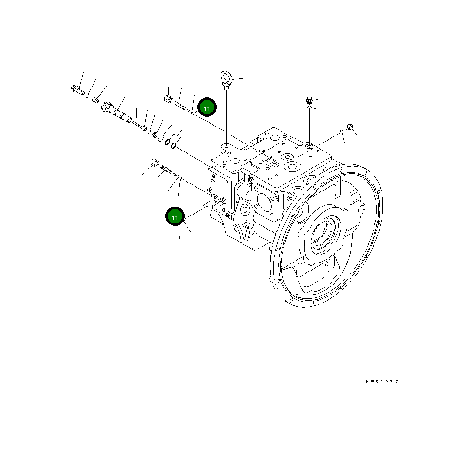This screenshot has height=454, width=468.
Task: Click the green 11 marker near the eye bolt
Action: (x=207, y=108)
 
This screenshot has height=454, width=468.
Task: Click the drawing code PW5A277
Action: (x=382, y=382)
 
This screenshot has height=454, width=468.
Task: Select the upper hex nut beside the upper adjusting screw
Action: (x=168, y=99)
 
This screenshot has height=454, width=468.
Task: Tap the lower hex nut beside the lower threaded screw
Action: (x=153, y=164)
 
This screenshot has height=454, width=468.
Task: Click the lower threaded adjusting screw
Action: (x=167, y=169)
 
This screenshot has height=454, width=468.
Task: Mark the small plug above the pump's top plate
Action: (x=309, y=100)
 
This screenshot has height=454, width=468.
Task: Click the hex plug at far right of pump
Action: (x=349, y=126)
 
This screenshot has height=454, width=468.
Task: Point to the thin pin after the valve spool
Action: (x=136, y=124)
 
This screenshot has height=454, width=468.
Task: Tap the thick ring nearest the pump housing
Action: (x=174, y=145)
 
